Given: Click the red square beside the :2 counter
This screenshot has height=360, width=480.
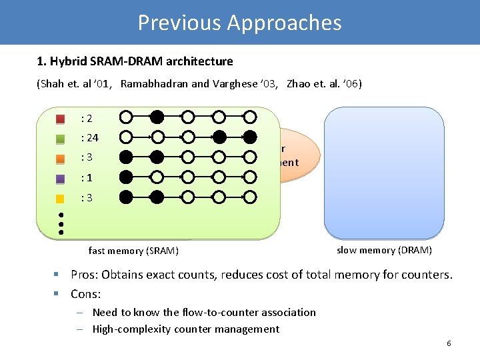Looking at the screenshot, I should tap(61, 119).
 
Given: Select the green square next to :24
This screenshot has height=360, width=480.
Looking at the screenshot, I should tap(61, 139).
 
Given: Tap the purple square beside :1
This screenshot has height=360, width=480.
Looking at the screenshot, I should tap(61, 179).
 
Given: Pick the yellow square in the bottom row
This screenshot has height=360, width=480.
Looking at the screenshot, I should tap(61, 198).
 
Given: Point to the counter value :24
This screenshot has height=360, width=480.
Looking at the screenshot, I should tap(89, 138).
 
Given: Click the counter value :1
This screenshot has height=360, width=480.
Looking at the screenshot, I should tap(86, 178).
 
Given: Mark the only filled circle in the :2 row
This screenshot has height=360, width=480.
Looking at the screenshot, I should tap(157, 117).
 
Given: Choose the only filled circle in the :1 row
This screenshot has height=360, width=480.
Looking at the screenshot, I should tap(125, 177).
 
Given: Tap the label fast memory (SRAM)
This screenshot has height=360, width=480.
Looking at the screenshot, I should tap(133, 251).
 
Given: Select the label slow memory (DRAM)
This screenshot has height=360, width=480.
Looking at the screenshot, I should tap(384, 250).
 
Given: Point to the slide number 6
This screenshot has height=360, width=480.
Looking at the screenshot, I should tap(449, 343).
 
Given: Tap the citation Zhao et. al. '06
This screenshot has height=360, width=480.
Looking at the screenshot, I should tap(324, 84).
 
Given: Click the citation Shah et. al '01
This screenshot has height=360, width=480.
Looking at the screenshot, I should tap(73, 84).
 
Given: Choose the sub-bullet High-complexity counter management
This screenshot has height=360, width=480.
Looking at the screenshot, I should tap(186, 329).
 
